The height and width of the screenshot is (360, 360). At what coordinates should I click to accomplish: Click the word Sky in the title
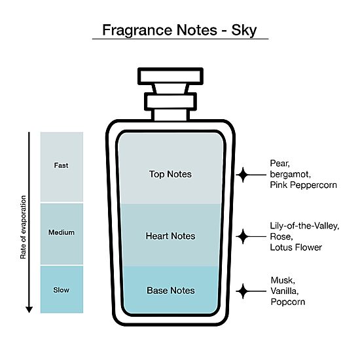(244, 30)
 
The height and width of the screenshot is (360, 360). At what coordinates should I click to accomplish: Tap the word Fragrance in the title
(137, 30)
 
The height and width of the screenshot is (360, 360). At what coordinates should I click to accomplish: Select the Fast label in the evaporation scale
(61, 166)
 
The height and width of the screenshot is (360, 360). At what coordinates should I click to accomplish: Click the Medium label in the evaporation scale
(62, 232)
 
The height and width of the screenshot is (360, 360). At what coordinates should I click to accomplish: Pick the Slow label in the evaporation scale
(61, 290)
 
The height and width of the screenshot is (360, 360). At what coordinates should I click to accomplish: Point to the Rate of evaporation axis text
(23, 227)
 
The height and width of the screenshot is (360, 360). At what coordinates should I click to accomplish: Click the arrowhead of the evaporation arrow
(29, 310)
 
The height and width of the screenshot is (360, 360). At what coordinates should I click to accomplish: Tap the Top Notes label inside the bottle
(170, 174)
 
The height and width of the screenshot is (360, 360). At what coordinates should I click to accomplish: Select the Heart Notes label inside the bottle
(170, 236)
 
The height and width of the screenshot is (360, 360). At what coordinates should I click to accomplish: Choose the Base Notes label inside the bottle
(171, 291)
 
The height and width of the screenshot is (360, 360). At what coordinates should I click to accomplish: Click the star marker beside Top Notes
(243, 175)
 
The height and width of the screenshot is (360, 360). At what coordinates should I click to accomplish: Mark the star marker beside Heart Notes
(243, 236)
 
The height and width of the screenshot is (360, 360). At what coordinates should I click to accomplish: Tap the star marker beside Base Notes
(243, 291)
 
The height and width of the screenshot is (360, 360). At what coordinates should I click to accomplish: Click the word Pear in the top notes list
(279, 164)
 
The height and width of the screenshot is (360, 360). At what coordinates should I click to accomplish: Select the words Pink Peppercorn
(303, 185)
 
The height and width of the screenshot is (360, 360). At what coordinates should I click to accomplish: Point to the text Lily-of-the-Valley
(304, 226)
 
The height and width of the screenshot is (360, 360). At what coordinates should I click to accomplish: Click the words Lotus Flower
(296, 247)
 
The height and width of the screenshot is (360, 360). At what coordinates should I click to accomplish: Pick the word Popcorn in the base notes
(288, 302)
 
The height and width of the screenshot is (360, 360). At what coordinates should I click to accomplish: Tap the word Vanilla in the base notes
(285, 291)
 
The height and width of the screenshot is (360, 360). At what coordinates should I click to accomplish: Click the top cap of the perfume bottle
(170, 76)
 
